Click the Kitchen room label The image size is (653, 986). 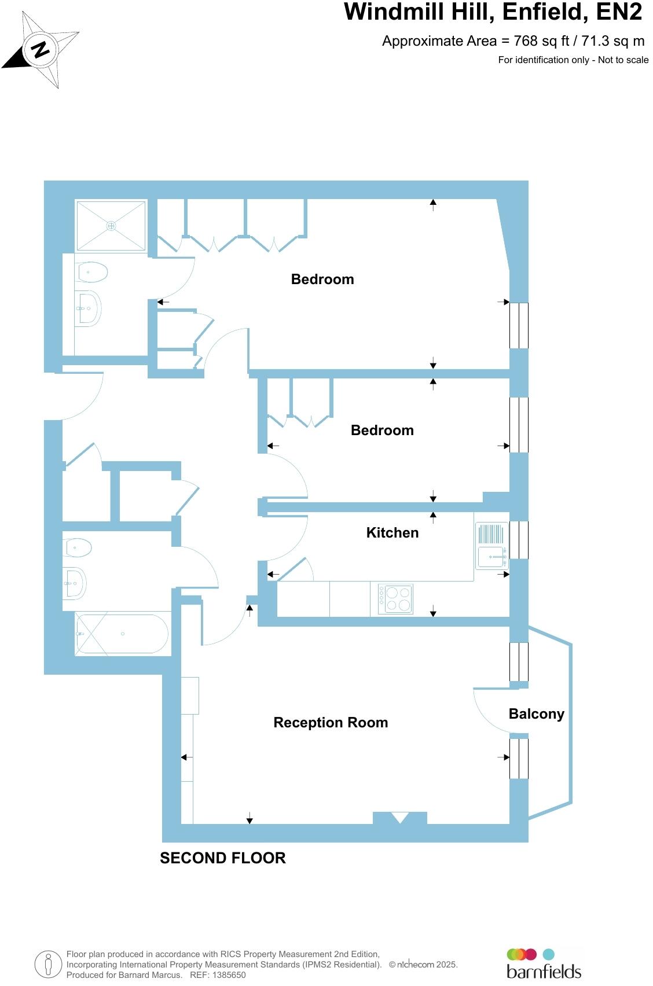coord(392,533)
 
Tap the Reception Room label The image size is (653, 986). coord(331,723)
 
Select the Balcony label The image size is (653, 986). coord(536,714)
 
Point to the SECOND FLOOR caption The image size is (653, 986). coord(223,858)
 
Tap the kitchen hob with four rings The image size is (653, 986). coord(395,599)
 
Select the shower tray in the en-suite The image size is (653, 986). coord(111,226)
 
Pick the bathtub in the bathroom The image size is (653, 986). coord(122,634)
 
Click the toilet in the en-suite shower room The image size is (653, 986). coord(92,271)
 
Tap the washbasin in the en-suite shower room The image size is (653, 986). coord(89,308)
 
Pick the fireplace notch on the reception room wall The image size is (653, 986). coord(400,818)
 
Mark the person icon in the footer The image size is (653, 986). coord(48,965)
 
